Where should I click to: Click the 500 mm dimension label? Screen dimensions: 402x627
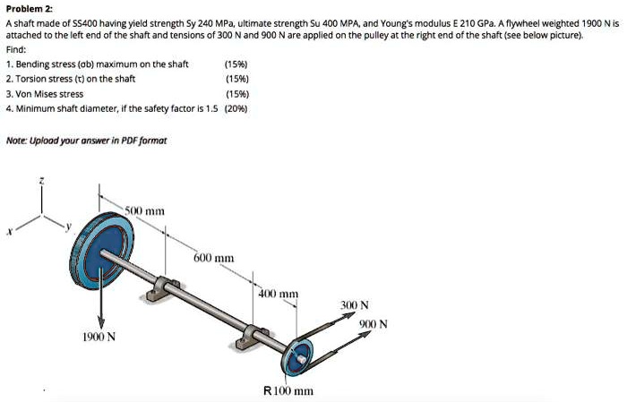144,211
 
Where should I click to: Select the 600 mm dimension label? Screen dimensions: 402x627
214,258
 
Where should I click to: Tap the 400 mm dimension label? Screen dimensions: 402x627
278,294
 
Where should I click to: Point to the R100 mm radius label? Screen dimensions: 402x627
288,390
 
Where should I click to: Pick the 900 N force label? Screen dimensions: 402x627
374,324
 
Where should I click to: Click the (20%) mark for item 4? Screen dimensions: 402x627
236,107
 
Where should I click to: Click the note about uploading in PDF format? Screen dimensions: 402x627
86,141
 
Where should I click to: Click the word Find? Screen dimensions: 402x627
16,51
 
